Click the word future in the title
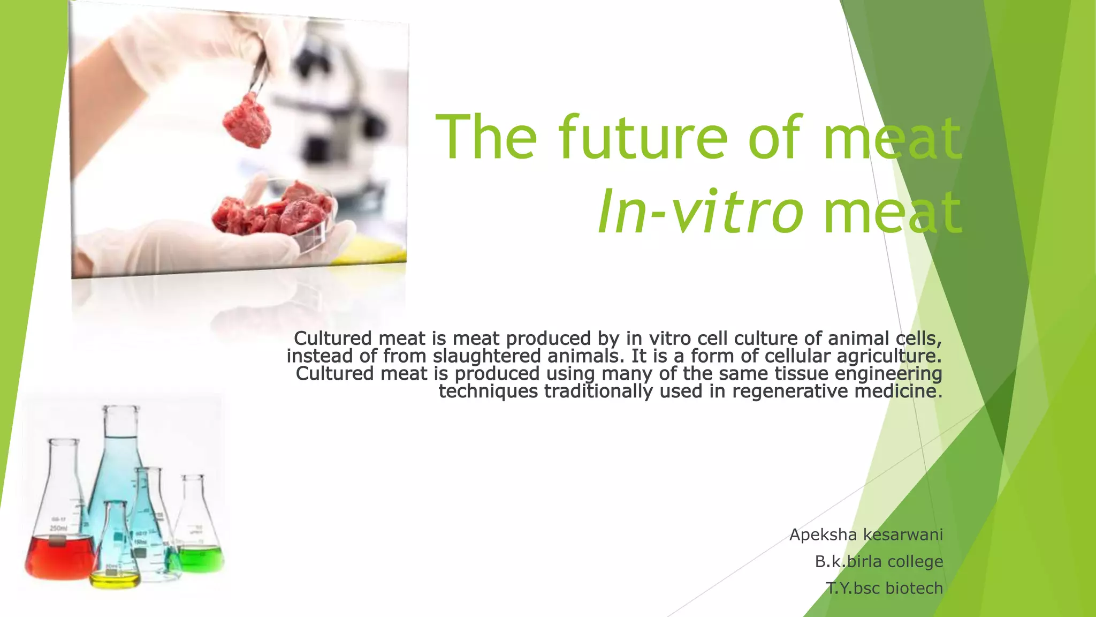tap(642, 138)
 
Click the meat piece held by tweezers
tap(247, 121)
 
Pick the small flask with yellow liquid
tap(115, 576)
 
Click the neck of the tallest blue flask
tap(121, 428)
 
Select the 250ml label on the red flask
tap(58, 528)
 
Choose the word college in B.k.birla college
tap(915, 561)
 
